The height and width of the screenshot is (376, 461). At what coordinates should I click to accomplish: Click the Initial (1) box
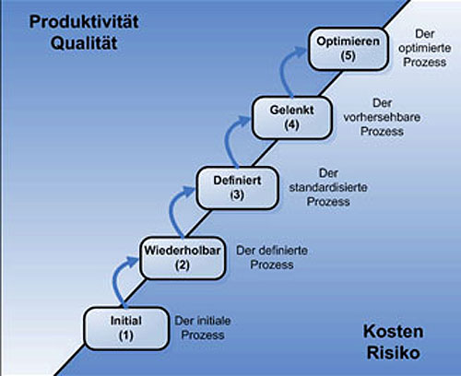click(126, 329)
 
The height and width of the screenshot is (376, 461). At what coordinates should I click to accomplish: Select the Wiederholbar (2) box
click(183, 258)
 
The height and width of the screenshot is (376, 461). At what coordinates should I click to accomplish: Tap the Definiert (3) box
click(237, 188)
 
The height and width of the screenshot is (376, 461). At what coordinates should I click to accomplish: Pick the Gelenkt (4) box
click(292, 118)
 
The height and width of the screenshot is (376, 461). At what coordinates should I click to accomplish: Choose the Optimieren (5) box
click(349, 49)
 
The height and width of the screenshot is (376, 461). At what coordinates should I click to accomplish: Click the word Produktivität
click(84, 22)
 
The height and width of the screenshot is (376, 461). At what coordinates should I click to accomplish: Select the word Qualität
click(84, 43)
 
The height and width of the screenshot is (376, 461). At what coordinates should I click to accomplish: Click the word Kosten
click(394, 332)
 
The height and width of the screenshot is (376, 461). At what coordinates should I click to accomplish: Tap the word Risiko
click(394, 353)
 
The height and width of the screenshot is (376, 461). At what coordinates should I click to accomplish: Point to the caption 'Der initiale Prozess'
click(203, 328)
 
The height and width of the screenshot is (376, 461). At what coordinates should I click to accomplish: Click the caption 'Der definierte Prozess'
click(272, 257)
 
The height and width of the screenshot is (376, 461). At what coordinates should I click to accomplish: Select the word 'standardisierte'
click(328, 187)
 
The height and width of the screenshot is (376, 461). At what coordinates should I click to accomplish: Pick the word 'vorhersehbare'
click(382, 117)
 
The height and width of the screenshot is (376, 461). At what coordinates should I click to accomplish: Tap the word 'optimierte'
click(425, 48)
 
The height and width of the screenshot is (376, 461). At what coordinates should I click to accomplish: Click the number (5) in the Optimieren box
click(349, 56)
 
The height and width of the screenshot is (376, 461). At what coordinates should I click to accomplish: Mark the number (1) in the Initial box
click(126, 335)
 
